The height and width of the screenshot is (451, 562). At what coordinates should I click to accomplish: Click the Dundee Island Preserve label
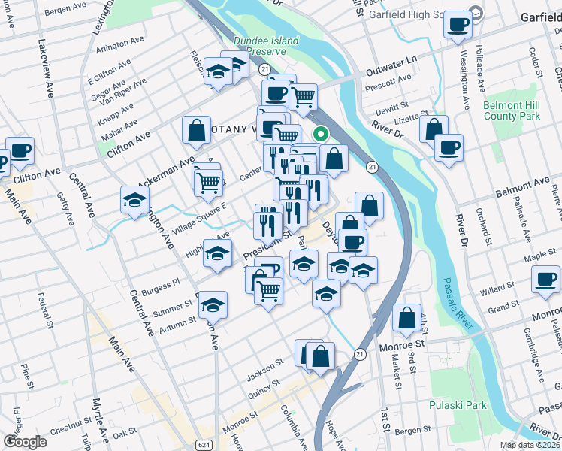click(x=266, y=46)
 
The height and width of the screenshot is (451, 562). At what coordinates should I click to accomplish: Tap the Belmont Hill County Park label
click(x=512, y=111)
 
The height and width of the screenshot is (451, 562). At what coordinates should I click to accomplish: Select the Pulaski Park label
click(x=458, y=405)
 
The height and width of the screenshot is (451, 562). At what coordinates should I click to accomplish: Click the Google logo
click(x=25, y=441)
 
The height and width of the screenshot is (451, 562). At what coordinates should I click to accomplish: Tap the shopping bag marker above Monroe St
click(x=406, y=318)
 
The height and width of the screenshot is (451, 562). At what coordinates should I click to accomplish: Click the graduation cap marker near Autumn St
click(x=212, y=304)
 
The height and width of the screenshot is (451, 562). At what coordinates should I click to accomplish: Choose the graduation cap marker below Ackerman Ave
click(x=134, y=200)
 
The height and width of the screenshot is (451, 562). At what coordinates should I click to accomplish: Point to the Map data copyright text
click(x=530, y=445)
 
